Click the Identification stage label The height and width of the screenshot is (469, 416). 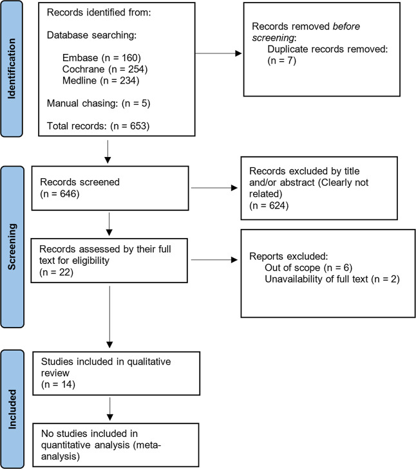click(x=12, y=68)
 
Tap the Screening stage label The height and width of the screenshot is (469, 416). click(x=12, y=246)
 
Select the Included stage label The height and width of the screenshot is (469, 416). click(x=12, y=409)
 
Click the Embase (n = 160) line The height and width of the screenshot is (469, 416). click(x=102, y=58)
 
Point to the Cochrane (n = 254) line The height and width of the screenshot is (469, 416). click(x=105, y=69)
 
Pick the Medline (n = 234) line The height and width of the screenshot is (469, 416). click(x=101, y=80)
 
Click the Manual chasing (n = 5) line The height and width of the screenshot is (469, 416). click(x=99, y=103)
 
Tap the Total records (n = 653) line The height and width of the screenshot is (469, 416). click(x=99, y=126)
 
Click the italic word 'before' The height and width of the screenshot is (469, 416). click(x=346, y=26)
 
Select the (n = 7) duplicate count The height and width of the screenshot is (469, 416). click(x=282, y=60)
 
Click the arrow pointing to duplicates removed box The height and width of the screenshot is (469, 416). click(x=218, y=53)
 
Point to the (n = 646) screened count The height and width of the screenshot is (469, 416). click(x=60, y=194)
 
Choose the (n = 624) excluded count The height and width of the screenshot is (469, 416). click(x=269, y=205)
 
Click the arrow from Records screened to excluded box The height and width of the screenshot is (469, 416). click(x=214, y=188)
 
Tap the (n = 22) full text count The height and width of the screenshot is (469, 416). click(x=56, y=272)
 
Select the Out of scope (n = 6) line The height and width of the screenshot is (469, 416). click(x=308, y=268)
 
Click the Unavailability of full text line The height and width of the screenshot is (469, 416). click(x=332, y=279)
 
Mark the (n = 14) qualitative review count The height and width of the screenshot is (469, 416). click(x=58, y=384)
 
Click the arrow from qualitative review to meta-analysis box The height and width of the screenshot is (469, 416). click(x=110, y=409)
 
